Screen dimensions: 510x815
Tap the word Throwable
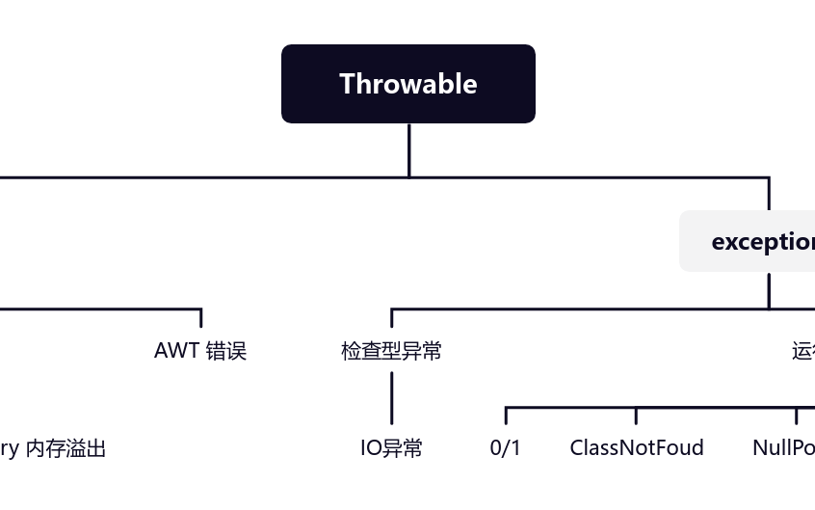click(407, 84)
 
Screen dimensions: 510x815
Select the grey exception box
click(748, 241)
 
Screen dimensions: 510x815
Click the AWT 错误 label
click(200, 351)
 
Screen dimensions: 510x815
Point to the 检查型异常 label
click(391, 351)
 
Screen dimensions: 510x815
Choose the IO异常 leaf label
click(391, 448)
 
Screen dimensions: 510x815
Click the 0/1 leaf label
click(505, 448)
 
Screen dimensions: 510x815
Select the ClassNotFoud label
click(636, 448)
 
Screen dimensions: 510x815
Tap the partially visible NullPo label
click(782, 448)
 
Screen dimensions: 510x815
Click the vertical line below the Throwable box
click(408, 150)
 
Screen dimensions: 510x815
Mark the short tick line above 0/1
click(506, 416)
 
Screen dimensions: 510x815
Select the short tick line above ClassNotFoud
click(636, 416)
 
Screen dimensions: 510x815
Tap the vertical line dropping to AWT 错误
click(200, 318)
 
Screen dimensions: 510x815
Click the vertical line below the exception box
click(769, 290)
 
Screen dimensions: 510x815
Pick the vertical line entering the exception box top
click(769, 194)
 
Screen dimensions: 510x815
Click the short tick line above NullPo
click(796, 416)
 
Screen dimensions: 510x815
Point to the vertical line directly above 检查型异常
click(391, 319)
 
